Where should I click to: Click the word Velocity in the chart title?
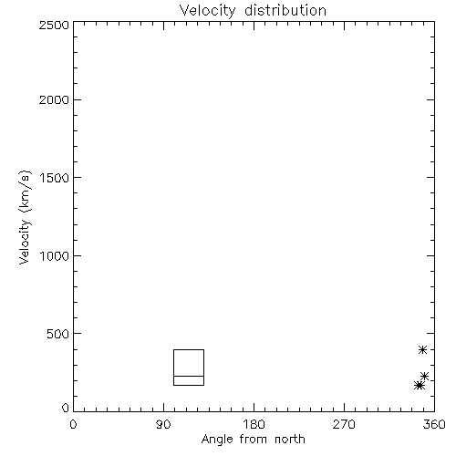207,11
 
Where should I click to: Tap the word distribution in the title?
285,10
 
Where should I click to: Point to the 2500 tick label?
54,25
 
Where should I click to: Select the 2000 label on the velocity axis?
54,99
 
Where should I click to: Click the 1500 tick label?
55,178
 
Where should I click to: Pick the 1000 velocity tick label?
55,255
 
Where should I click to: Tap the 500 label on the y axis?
58,334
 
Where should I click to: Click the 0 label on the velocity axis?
66,408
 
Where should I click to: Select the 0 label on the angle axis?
73,424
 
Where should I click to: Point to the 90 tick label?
163,424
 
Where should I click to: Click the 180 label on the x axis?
254,424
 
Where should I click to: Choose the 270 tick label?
344,424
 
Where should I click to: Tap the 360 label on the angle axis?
434,424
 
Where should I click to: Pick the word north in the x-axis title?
290,440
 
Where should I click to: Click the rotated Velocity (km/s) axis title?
25,217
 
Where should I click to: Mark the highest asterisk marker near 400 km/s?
422,349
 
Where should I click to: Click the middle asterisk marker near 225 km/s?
424,377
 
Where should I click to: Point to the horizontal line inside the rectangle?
189,376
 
